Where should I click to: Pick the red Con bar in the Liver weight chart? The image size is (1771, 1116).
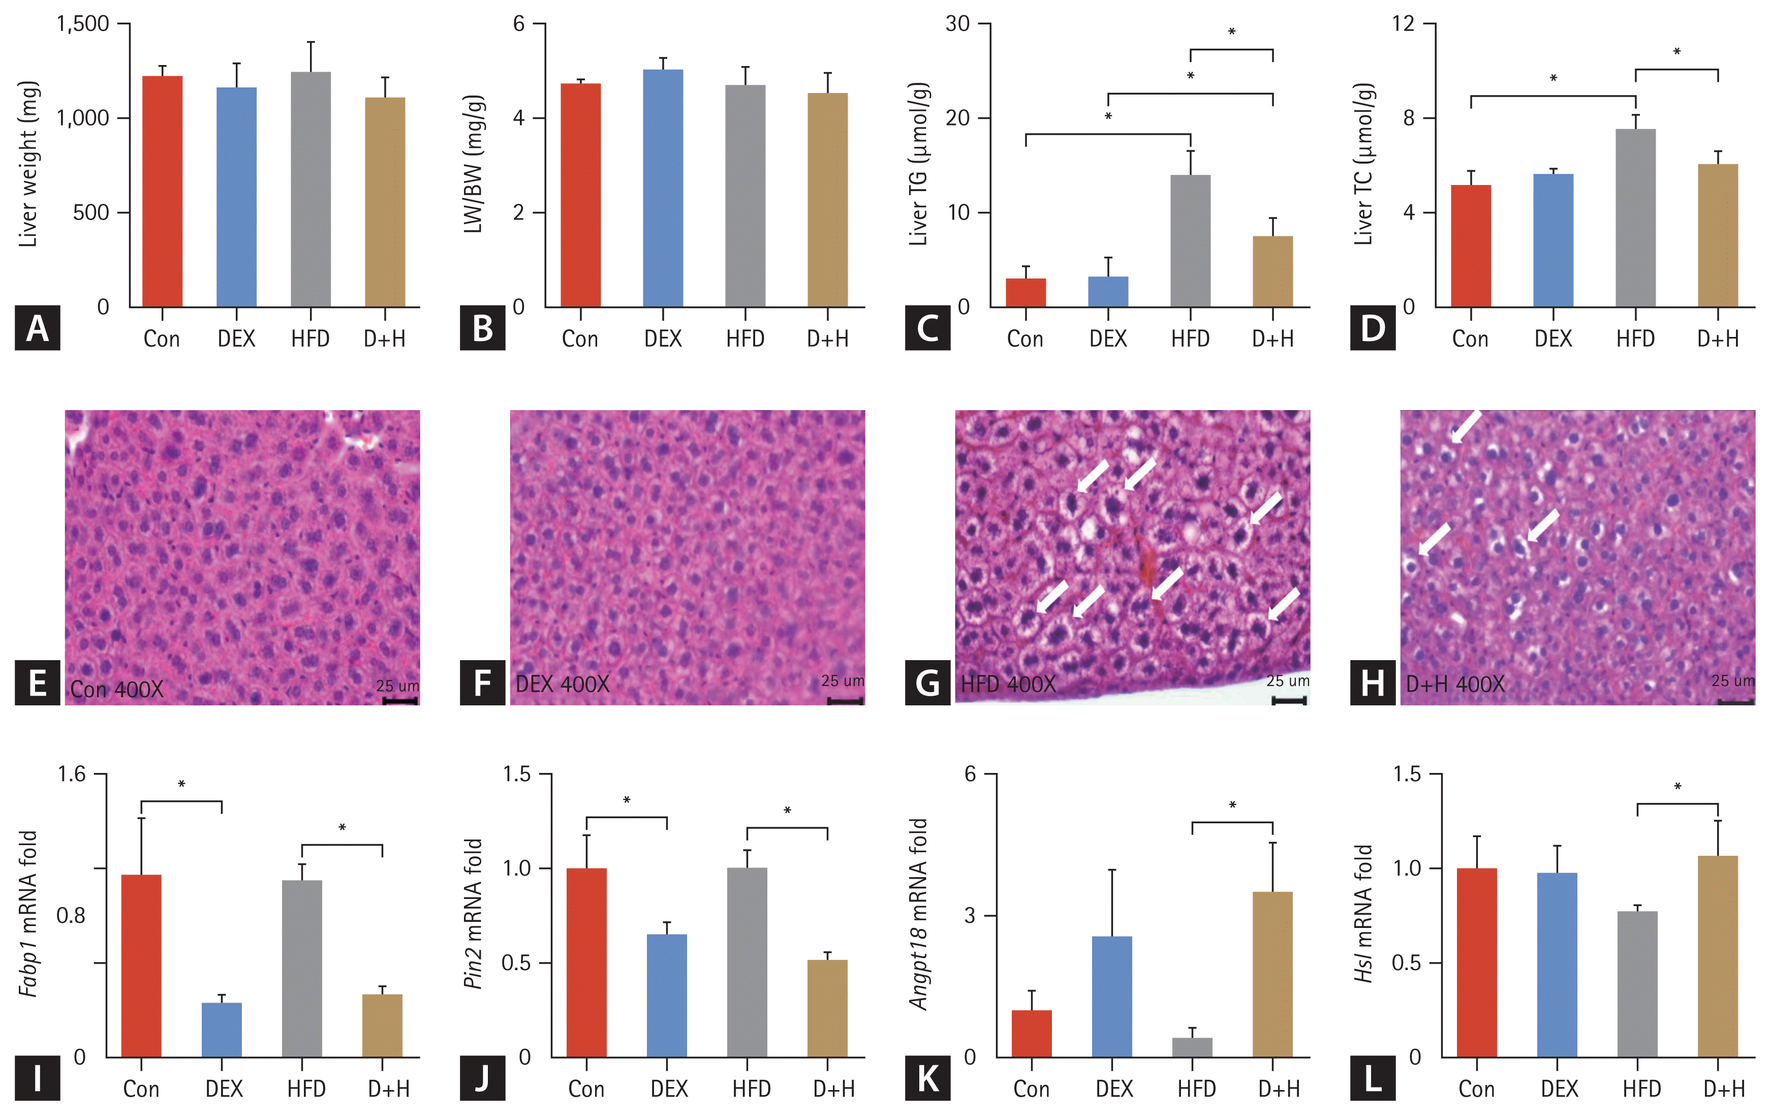tap(162, 191)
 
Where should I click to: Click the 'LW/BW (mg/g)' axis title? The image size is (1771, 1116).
tap(474, 163)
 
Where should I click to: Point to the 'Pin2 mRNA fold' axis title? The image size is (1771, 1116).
tap(474, 914)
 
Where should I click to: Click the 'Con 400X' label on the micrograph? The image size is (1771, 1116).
tap(117, 689)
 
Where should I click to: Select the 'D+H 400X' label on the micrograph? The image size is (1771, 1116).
tap(1455, 684)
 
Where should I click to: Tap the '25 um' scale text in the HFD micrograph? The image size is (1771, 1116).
tap(1287, 680)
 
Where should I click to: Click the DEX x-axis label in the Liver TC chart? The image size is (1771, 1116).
tap(1552, 339)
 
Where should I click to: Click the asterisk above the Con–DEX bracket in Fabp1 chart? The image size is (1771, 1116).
tap(181, 784)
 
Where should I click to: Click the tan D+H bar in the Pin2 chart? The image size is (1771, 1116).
tap(827, 1008)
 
